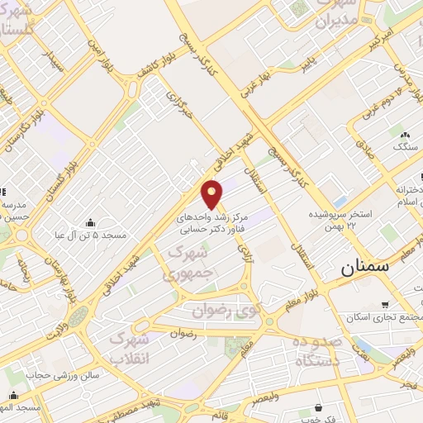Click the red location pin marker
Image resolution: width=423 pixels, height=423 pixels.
pyautogui.click(x=213, y=193)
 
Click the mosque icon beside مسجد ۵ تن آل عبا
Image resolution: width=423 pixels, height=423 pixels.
pyautogui.click(x=90, y=221)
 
